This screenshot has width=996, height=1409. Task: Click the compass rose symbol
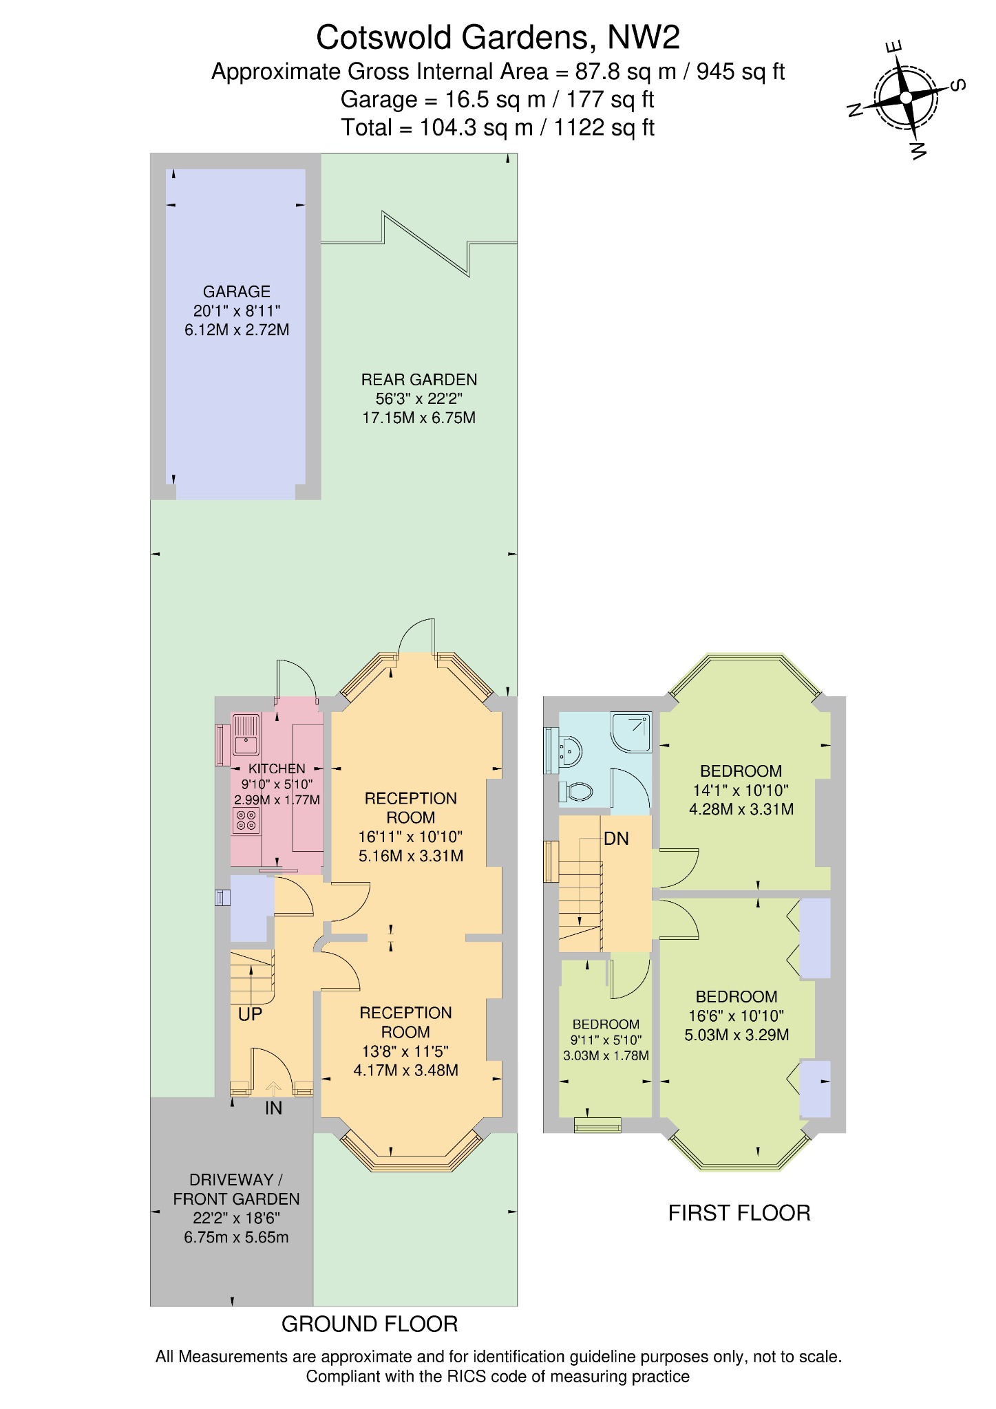point(906,98)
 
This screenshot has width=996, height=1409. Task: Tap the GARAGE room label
point(236,292)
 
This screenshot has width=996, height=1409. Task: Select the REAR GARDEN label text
point(418,380)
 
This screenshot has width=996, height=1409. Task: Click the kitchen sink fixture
point(244,735)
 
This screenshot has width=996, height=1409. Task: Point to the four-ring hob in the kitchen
point(246,820)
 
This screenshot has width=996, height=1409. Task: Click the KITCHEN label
point(277,768)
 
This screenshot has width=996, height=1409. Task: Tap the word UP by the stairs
point(250,1015)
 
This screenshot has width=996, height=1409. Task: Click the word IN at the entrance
point(273,1108)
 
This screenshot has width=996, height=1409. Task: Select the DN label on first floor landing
point(616,839)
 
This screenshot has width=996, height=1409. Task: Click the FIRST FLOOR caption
point(739,1214)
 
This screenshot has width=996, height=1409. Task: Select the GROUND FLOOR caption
point(370,1324)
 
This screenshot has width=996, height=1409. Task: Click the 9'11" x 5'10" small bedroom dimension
point(606,1040)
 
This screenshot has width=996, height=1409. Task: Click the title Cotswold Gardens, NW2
point(498,38)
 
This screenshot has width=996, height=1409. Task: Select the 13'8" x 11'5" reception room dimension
point(405,1051)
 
